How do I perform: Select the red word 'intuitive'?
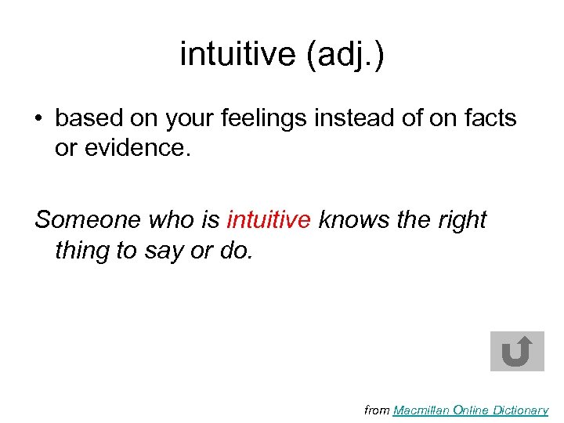point(269,221)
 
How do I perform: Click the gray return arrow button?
point(517,351)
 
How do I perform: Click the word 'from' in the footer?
point(377,410)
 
